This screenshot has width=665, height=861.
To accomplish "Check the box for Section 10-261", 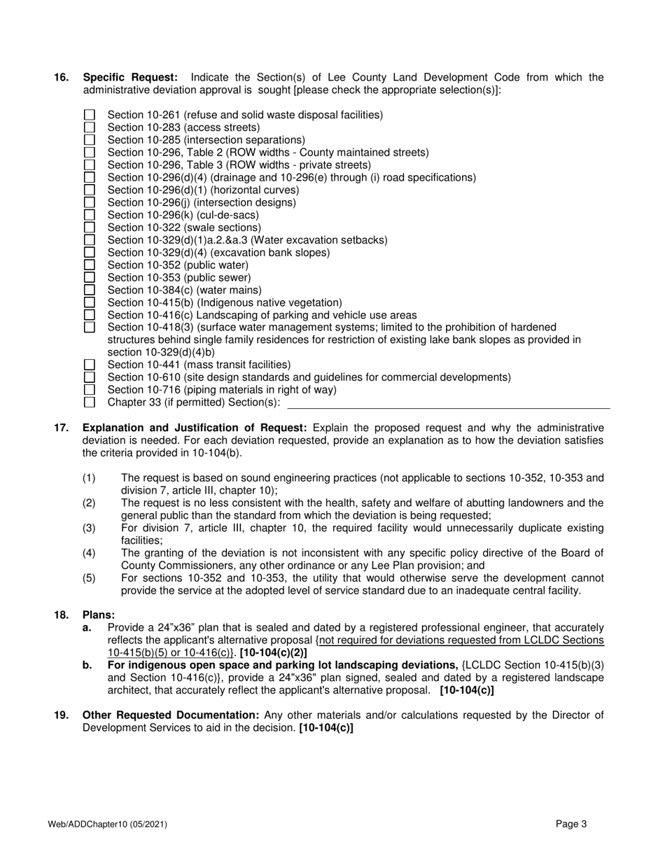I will tap(89, 115).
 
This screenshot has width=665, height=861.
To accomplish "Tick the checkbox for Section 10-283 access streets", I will tap(89, 127).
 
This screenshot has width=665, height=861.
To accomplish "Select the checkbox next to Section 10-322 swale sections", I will tap(89, 227).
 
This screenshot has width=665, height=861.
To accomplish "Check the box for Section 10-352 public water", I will tap(89, 265).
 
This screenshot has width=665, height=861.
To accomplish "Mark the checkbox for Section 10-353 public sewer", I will tap(89, 278).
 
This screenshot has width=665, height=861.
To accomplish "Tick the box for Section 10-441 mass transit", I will tap(89, 365).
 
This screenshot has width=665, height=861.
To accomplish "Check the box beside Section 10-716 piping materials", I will tap(89, 390).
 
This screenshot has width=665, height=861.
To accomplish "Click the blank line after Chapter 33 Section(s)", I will tap(448, 403).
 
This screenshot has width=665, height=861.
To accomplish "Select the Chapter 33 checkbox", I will tap(89, 402).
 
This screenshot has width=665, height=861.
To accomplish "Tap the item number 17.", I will tap(61, 428).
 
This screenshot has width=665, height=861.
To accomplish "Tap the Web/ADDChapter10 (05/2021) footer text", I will tap(108, 825).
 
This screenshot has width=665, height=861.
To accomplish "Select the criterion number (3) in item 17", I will tap(89, 528).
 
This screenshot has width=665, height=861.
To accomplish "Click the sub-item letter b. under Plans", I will tap(87, 665).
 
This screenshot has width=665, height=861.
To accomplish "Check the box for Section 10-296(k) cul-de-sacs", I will tap(89, 215).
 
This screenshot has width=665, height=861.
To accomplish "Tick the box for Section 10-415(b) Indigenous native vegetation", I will tap(89, 302).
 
